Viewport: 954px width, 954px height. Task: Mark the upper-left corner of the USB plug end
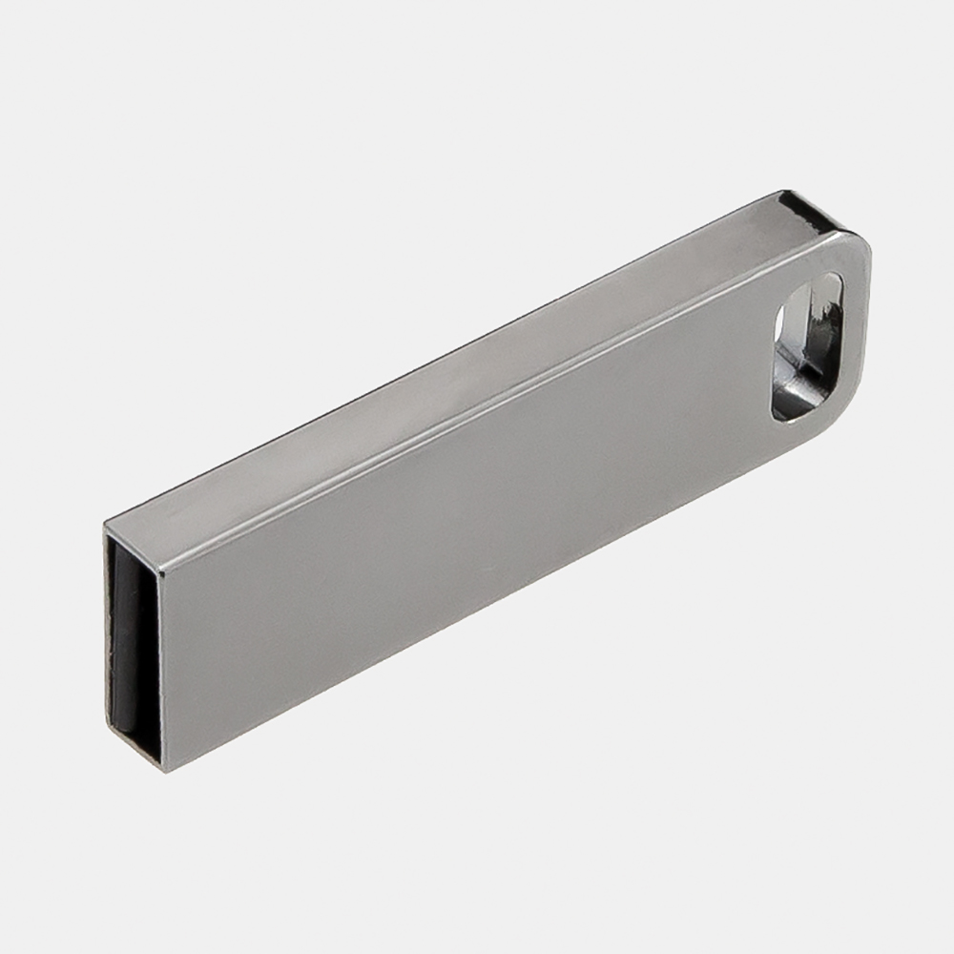click(107, 524)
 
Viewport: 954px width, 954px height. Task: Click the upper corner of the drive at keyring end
click(863, 238)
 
